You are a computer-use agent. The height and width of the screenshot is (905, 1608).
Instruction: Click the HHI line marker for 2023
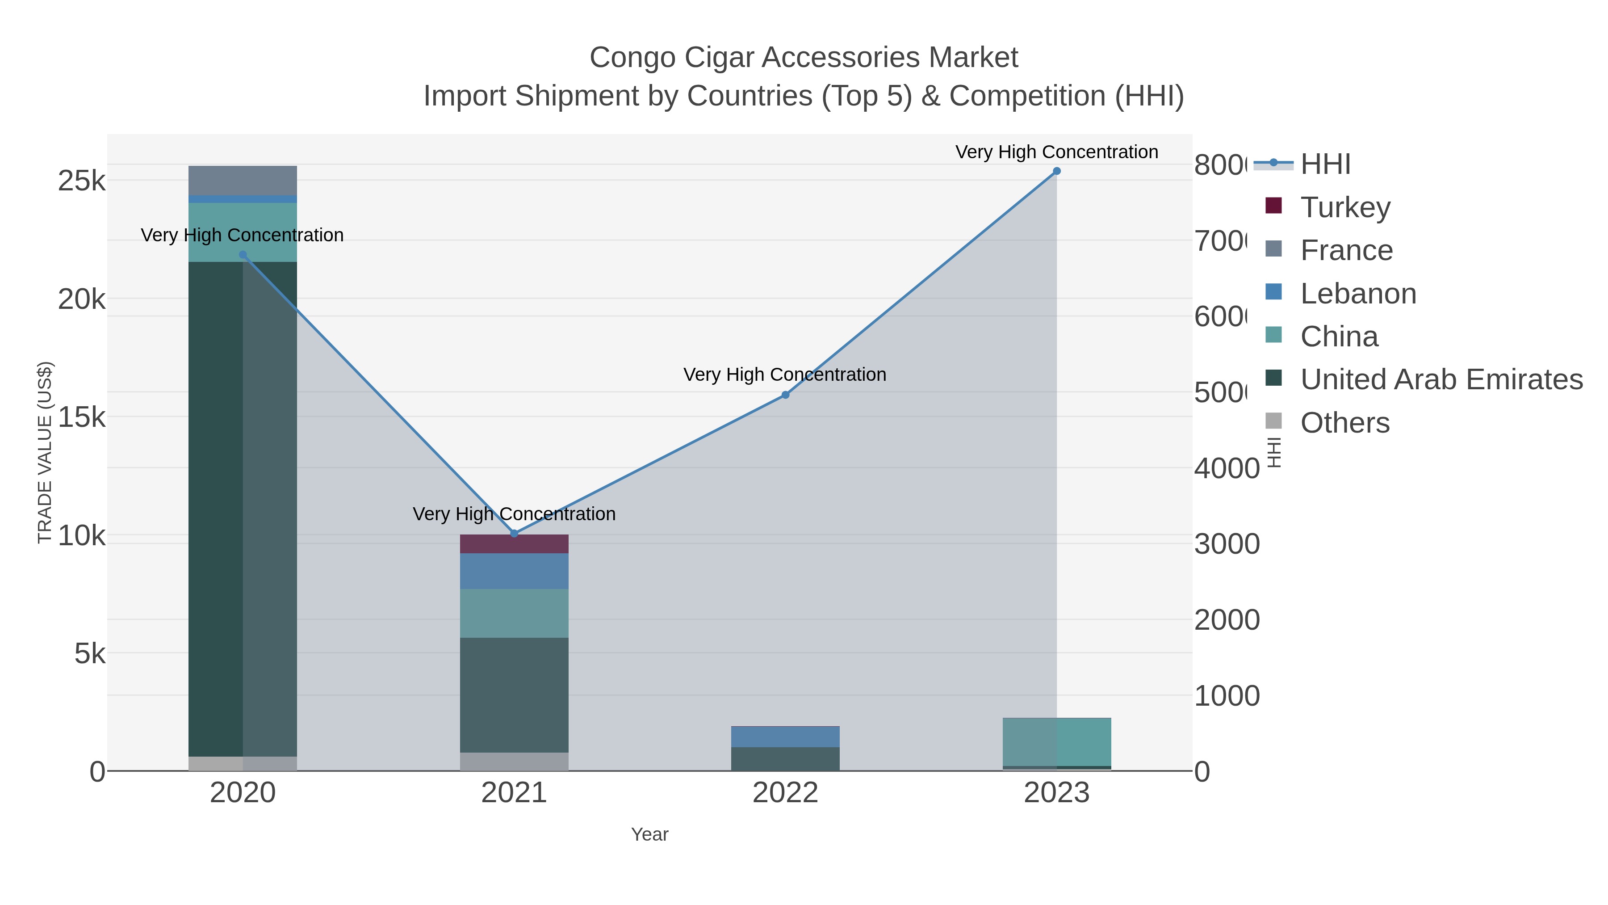tap(1056, 171)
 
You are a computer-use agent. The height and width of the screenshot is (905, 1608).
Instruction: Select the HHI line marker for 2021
tap(514, 533)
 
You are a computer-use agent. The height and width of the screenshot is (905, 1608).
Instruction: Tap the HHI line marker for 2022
tap(785, 395)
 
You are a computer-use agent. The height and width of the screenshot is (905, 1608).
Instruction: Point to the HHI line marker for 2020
tap(243, 255)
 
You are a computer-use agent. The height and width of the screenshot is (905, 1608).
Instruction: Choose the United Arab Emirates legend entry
tap(1440, 379)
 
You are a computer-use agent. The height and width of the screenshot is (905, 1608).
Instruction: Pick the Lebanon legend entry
tap(1358, 294)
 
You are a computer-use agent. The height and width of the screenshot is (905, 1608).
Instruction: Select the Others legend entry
tap(1344, 423)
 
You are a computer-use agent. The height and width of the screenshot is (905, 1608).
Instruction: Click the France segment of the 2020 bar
tap(243, 181)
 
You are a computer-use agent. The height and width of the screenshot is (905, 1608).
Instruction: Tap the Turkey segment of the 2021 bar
tap(514, 544)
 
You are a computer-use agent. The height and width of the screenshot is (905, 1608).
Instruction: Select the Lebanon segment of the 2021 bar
tap(514, 571)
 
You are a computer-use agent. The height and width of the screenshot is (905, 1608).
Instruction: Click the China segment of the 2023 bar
tap(1056, 742)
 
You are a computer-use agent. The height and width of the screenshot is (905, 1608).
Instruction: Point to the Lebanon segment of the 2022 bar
tap(785, 737)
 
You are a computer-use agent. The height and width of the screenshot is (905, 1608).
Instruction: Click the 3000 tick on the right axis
tap(1226, 544)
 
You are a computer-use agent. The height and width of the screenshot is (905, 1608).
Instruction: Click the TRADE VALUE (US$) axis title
tap(45, 452)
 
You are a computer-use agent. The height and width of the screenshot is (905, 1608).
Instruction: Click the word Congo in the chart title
tap(632, 58)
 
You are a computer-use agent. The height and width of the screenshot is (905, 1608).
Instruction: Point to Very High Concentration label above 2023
tap(1056, 152)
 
